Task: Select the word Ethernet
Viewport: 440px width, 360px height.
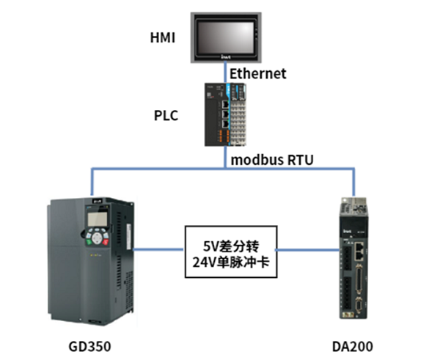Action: pyautogui.click(x=257, y=74)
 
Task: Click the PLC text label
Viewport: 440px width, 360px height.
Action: pyautogui.click(x=166, y=116)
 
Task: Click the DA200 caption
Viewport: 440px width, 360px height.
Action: pyautogui.click(x=353, y=345)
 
